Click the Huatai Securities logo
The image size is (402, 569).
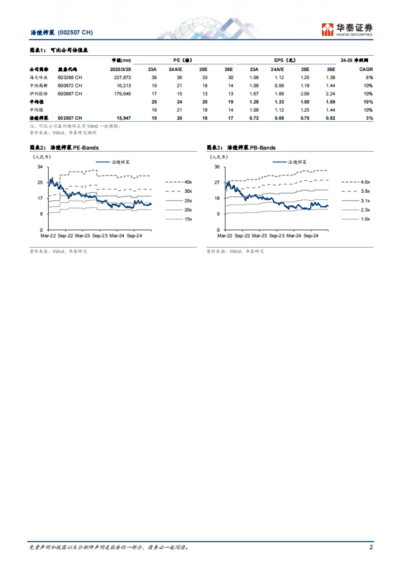pos(347,29)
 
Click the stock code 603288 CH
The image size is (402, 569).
pos(70,77)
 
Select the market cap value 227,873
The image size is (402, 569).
pos(122,77)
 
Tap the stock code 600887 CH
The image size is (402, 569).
pos(70,94)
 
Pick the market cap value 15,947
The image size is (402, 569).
pos(124,118)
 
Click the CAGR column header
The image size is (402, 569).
pos(366,69)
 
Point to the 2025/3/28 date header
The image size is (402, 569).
pos(120,69)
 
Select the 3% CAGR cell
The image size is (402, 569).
pos(369,118)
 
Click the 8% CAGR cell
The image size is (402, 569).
pos(369,77)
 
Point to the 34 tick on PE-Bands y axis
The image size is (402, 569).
pos(40,167)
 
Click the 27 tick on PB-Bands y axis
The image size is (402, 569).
pos(217,183)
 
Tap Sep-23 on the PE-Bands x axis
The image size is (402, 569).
pos(100,236)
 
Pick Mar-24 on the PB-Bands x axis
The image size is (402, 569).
pos(294,236)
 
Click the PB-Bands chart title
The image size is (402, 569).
pos(241,148)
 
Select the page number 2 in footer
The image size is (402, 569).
pos(371,547)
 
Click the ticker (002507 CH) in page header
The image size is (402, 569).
pos(75,33)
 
